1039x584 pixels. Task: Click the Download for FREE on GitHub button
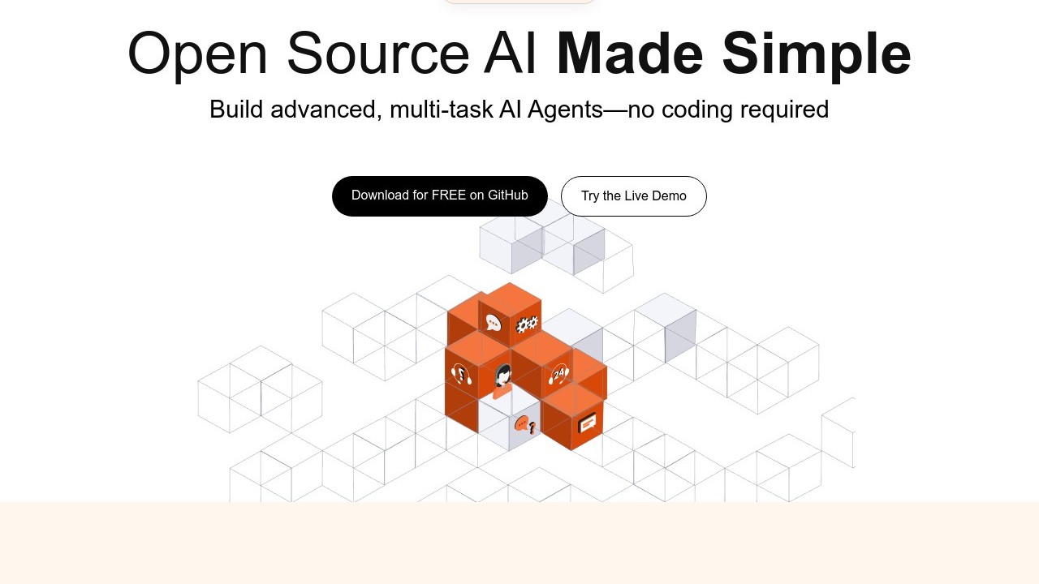pyautogui.click(x=439, y=196)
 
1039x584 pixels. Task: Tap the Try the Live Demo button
pyautogui.click(x=633, y=196)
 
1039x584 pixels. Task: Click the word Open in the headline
pyautogui.click(x=197, y=54)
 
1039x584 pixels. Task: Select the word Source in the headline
pyautogui.click(x=377, y=54)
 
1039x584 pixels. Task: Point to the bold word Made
pyautogui.click(x=629, y=54)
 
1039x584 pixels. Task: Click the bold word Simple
pyautogui.click(x=817, y=54)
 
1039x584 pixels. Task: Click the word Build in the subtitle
pyautogui.click(x=236, y=109)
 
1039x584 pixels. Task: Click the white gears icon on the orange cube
pyautogui.click(x=527, y=324)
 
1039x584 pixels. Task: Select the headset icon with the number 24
pyautogui.click(x=558, y=374)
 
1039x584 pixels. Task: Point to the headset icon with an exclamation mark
pyautogui.click(x=460, y=375)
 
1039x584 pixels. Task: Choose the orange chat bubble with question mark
pyautogui.click(x=524, y=425)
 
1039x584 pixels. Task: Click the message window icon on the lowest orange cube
pyautogui.click(x=587, y=423)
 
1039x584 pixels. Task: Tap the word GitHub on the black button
pyautogui.click(x=508, y=195)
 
